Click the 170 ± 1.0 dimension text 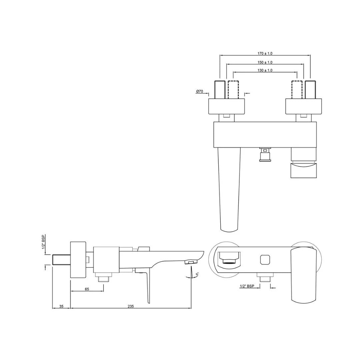tap(265, 53)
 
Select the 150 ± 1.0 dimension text tap(265, 62)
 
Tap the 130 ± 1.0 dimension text tap(265, 70)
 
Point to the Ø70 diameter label tap(199, 91)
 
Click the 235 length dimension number tap(131, 306)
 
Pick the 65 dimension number tap(87, 289)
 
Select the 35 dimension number tap(61, 306)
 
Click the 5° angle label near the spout tap(197, 274)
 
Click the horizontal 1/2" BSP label tap(247, 286)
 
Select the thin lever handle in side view tap(147, 287)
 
